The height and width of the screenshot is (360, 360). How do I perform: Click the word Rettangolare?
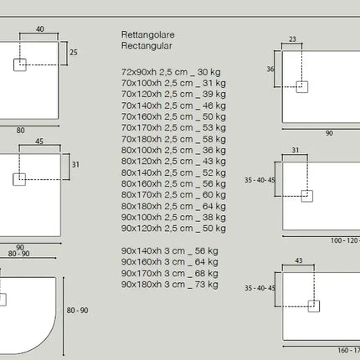click(148, 35)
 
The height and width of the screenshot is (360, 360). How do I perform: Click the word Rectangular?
click(147, 46)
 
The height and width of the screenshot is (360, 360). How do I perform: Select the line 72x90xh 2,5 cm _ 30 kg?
click(171, 72)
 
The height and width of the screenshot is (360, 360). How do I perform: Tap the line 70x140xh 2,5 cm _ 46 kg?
click(173, 105)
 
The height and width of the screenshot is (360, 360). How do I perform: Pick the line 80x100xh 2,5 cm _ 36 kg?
click(173, 151)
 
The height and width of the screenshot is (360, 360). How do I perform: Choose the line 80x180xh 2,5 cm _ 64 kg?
click(173, 207)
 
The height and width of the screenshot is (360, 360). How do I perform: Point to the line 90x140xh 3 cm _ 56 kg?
click(170, 251)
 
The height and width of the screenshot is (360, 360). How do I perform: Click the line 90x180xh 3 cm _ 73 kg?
click(170, 285)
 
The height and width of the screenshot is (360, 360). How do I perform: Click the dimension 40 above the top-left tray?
click(40, 29)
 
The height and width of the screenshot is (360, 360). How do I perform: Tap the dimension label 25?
click(74, 53)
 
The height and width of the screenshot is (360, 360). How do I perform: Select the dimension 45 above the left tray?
click(39, 141)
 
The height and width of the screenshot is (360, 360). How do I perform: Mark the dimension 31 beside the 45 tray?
click(75, 165)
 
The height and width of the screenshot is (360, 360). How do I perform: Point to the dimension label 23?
click(292, 39)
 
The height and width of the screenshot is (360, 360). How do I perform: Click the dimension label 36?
click(270, 69)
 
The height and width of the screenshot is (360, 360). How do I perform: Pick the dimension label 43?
click(299, 260)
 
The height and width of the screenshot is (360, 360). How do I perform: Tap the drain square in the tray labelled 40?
click(20, 65)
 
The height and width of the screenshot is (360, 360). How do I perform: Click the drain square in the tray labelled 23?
click(302, 87)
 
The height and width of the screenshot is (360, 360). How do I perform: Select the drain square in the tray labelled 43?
click(314, 306)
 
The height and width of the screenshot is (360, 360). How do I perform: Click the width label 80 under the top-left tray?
click(20, 131)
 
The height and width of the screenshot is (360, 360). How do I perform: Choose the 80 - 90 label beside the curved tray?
click(77, 311)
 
